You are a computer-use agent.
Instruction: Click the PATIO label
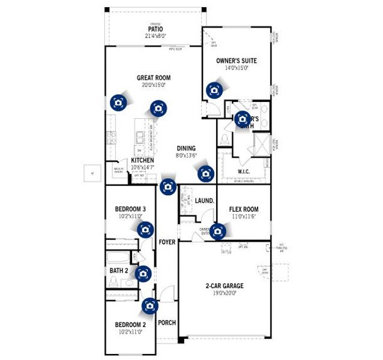click(x=155, y=28)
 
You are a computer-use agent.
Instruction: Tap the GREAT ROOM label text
click(x=153, y=77)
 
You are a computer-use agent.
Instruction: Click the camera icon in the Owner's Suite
click(x=214, y=90)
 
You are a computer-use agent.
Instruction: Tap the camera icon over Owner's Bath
click(x=243, y=118)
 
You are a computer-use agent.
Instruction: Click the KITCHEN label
click(x=142, y=160)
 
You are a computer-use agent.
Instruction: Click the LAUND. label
click(x=205, y=200)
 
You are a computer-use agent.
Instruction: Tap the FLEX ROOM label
click(x=244, y=209)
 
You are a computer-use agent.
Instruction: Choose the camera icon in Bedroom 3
click(x=145, y=229)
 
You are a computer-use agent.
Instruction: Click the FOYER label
click(x=167, y=242)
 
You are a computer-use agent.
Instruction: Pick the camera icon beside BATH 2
click(x=142, y=274)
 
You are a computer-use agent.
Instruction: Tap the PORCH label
click(x=167, y=323)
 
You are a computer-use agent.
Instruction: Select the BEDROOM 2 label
click(x=130, y=325)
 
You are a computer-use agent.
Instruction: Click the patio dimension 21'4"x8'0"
click(x=155, y=36)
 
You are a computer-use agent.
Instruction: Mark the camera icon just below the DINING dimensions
click(x=206, y=173)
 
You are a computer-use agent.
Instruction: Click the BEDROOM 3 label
click(x=130, y=209)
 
